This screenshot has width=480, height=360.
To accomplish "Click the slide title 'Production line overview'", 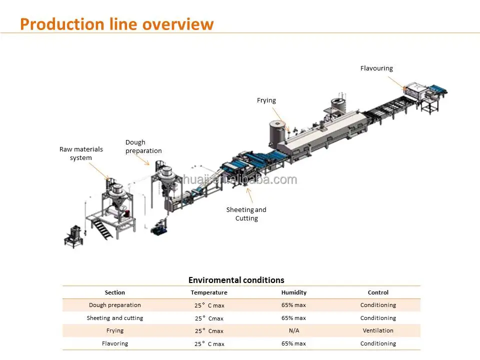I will [x=116, y=24].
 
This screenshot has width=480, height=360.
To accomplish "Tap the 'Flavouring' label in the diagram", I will [x=376, y=68].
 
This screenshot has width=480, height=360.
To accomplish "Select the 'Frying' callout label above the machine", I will [x=266, y=100].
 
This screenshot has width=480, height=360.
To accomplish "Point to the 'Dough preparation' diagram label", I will [x=143, y=147].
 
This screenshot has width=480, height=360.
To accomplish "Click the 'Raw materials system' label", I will [x=81, y=153].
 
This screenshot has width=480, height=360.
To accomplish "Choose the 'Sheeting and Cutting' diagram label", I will [x=246, y=214].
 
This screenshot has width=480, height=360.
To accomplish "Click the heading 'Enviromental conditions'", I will [x=236, y=280].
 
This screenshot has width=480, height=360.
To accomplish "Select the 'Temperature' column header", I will [x=209, y=292].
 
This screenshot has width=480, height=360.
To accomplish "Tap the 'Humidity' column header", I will [x=293, y=292].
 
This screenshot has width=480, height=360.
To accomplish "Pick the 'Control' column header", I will [x=378, y=292].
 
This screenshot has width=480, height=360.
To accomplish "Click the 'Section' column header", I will [x=115, y=292].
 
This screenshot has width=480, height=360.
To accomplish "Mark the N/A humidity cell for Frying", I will [x=293, y=330].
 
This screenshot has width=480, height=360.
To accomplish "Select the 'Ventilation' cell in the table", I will [x=378, y=330].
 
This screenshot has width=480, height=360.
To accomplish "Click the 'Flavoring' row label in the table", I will [x=115, y=343].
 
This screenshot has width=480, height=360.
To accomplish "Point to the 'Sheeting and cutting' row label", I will [x=115, y=318].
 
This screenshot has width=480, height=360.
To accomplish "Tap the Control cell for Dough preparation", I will [x=378, y=305].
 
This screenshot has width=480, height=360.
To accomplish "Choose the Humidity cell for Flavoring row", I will [x=293, y=343].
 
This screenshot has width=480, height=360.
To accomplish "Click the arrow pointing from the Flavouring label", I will [x=395, y=82].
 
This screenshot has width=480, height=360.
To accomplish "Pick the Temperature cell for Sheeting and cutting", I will [x=209, y=318].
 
